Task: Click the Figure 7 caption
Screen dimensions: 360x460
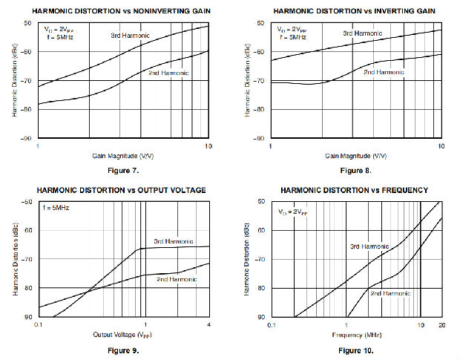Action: pyautogui.click(x=123, y=170)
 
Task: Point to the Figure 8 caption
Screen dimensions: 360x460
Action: pyautogui.click(x=356, y=170)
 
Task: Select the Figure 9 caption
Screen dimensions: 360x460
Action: pyautogui.click(x=123, y=350)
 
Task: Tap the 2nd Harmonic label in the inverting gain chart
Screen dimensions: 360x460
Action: pyautogui.click(x=384, y=72)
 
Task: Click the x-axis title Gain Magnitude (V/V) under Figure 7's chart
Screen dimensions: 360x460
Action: pyautogui.click(x=123, y=156)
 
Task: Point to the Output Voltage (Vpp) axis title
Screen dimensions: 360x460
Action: pyautogui.click(x=123, y=335)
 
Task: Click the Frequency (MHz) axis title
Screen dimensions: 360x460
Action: pyautogui.click(x=356, y=335)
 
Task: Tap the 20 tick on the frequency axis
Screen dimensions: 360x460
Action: pyautogui.click(x=441, y=325)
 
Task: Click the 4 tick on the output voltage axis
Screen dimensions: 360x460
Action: pyautogui.click(x=208, y=325)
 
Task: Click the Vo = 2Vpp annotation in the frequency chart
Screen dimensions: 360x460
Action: pyautogui.click(x=293, y=212)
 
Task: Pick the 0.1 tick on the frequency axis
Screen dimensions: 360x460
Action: pyautogui.click(x=271, y=325)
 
